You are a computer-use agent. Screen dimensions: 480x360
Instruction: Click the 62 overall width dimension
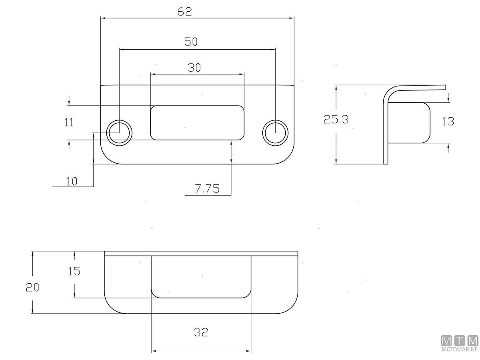184,12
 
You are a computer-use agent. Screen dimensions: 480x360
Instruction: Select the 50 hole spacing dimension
191,42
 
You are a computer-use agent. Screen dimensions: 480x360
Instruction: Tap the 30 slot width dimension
194,68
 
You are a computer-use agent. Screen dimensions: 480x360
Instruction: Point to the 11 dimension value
69,122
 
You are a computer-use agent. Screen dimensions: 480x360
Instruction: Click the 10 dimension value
72,181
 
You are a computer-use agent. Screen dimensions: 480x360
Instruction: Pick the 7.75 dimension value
207,189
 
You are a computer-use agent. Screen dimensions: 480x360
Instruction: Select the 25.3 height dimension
336,120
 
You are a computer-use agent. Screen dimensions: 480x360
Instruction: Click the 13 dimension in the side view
448,121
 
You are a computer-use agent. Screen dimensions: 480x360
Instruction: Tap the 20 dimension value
32,287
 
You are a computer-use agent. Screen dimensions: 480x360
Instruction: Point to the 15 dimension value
74,271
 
